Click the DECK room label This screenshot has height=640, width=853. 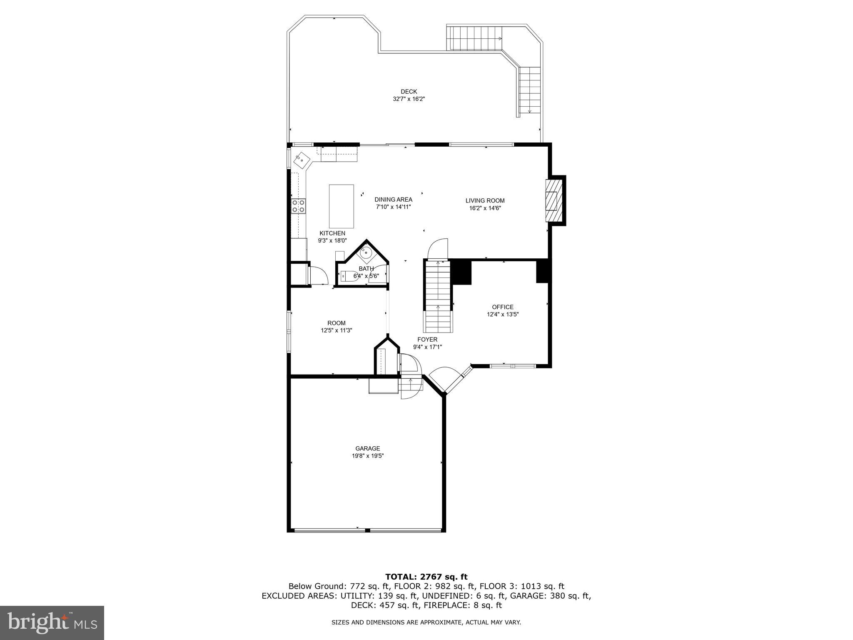coord(408,92)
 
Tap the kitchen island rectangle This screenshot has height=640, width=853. coord(341,206)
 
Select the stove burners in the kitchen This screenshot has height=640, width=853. coord(298,206)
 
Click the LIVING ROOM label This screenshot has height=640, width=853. coord(485,200)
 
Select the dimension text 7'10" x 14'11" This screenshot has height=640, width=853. coord(393,207)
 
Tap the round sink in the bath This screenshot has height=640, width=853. coord(366,252)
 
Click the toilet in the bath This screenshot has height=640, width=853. coord(348,276)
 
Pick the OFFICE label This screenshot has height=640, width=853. coord(503,307)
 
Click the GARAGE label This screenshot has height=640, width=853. coord(367,448)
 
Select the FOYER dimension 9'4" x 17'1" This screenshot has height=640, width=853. coord(427,347)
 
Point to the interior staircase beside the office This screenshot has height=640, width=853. coord(438,296)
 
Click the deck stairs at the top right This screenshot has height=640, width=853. coord(474,38)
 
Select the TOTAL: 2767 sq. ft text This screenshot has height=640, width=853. coord(426,577)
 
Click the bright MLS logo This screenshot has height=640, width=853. coord(52,623)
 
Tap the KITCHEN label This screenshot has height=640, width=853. coord(332,233)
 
